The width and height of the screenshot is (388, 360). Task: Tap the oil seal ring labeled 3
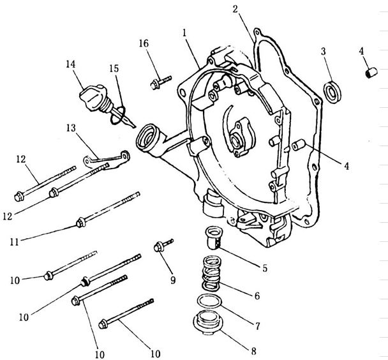332,90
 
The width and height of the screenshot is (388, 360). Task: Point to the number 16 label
144,43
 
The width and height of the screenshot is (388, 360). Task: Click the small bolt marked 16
160,80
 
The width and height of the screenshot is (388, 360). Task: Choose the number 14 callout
70,64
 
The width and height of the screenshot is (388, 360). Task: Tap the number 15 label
113,68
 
